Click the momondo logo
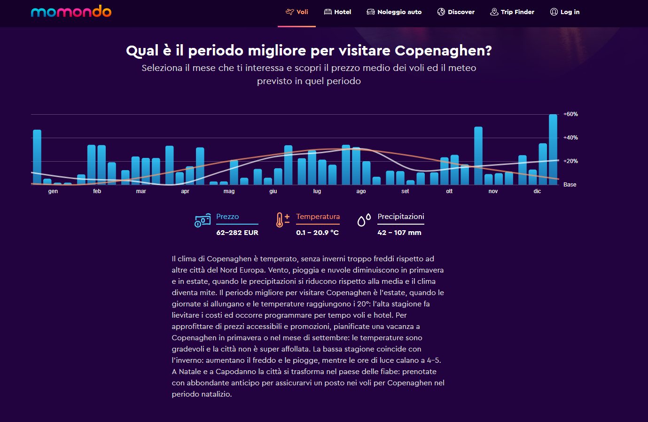point(71,11)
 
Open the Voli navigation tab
point(297,12)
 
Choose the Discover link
point(456,12)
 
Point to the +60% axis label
point(570,114)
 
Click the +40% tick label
point(570,138)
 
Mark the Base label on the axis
point(570,185)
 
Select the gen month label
point(53,191)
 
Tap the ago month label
point(361,191)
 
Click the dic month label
point(537,191)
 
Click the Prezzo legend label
point(227,217)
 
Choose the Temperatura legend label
point(318,217)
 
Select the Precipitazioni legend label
point(401,217)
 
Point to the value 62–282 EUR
point(237,233)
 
